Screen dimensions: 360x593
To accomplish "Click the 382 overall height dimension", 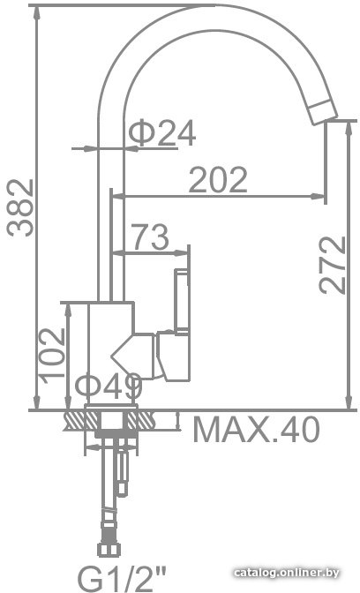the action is [21, 207].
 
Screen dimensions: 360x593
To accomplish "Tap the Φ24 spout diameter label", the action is [162, 132].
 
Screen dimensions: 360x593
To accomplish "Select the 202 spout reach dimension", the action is [218, 179].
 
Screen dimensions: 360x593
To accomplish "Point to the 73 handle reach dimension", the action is [150, 236].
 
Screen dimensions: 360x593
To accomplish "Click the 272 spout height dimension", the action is [333, 265].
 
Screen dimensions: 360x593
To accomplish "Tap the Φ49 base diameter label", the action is [109, 387].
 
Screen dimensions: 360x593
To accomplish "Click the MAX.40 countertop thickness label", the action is [257, 429].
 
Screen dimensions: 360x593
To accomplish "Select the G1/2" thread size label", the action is [122, 578].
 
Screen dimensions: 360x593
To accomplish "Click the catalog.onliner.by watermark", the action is [286, 573].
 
